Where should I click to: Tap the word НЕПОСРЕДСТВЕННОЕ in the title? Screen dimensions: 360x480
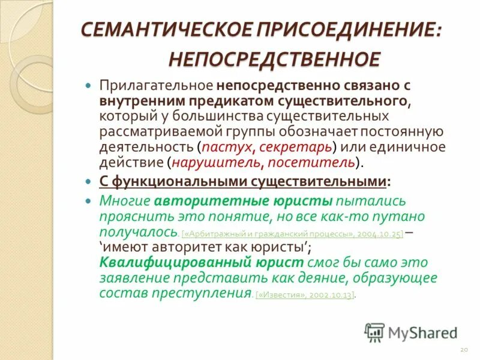[x=274, y=59]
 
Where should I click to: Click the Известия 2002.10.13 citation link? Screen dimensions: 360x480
[x=305, y=295]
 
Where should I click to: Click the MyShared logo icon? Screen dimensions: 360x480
[x=374, y=331]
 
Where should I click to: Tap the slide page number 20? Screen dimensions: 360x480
[x=463, y=349]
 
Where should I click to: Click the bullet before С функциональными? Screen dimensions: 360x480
[x=88, y=181]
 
